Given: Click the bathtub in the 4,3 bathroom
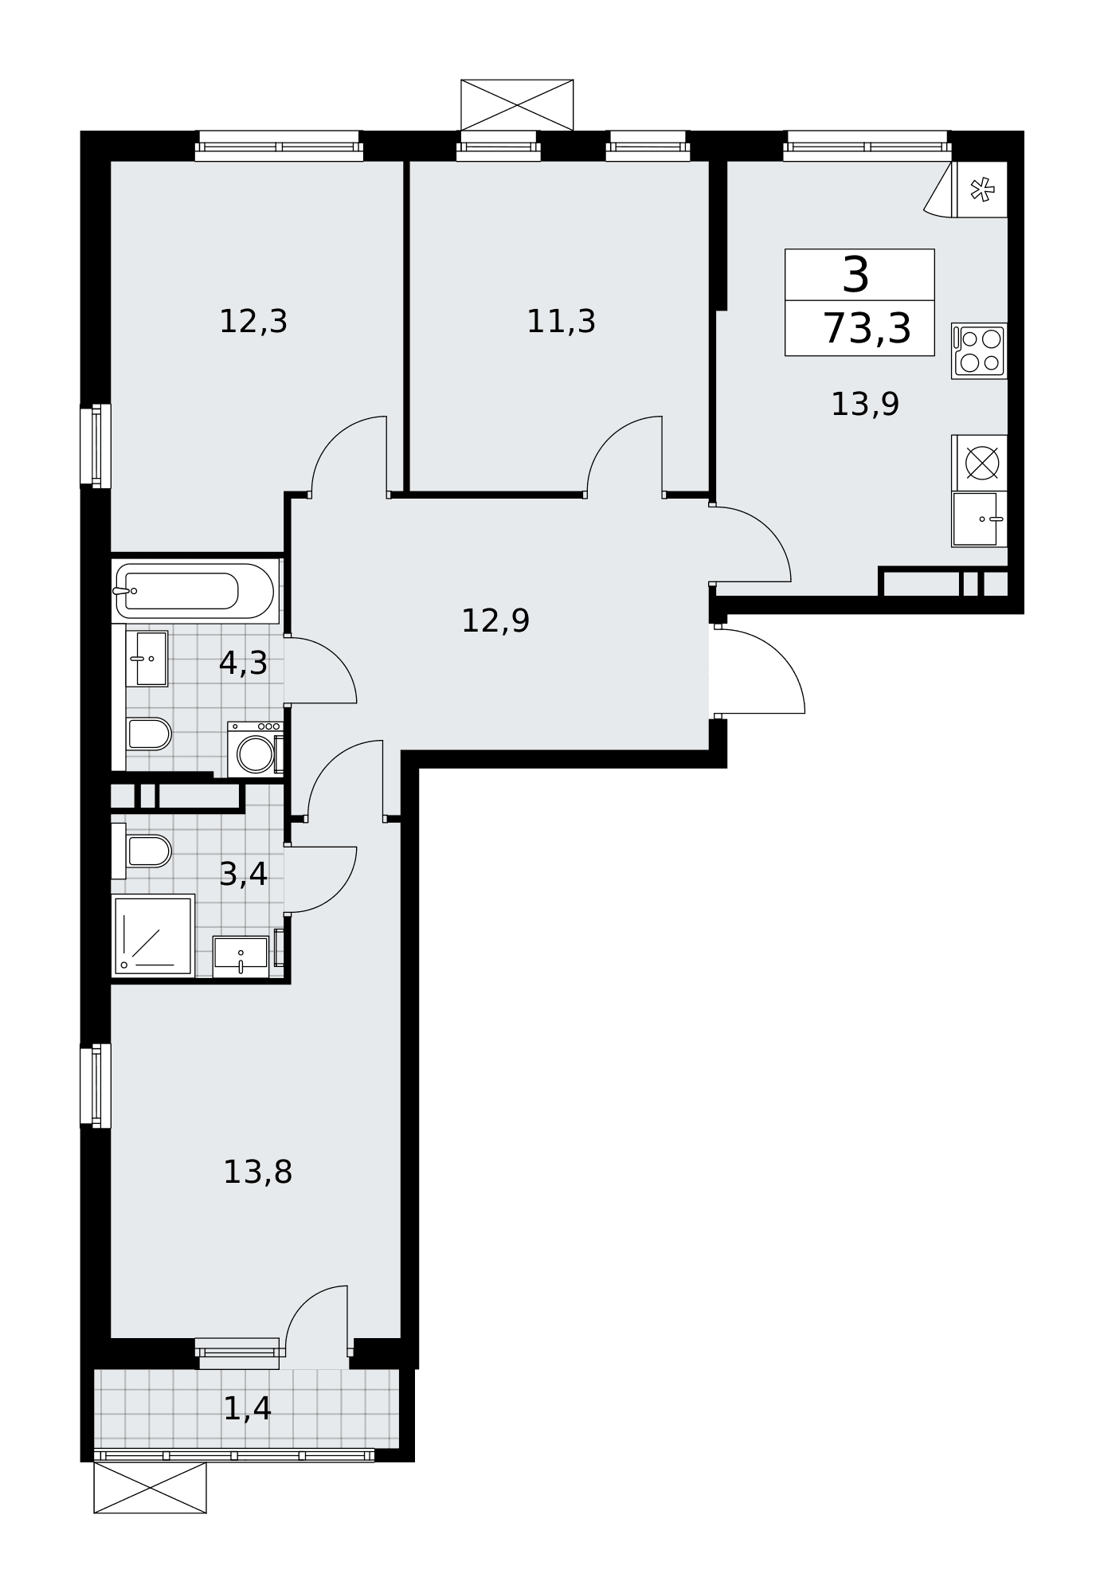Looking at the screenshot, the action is (195, 590).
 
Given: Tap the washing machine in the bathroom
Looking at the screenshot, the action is (255, 749).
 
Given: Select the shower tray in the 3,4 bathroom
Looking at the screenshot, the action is (153, 934).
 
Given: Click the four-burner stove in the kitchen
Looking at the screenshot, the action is (980, 350).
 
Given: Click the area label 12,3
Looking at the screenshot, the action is (253, 322).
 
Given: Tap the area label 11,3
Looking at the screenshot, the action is (561, 322).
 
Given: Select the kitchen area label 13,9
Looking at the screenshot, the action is (865, 405).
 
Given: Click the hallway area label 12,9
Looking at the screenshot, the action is (495, 621).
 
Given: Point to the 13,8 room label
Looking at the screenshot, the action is (257, 1172).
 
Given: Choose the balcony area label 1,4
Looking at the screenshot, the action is (247, 1409).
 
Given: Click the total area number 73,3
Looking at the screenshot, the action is (867, 328).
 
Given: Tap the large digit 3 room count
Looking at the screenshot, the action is (856, 275).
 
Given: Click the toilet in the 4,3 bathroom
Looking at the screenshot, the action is (149, 734).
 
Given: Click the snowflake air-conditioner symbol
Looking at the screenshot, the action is (982, 190).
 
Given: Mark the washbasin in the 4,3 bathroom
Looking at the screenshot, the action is (147, 659).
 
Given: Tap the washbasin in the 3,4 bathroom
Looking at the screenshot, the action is (241, 955).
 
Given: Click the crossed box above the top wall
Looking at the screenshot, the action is (517, 105).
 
